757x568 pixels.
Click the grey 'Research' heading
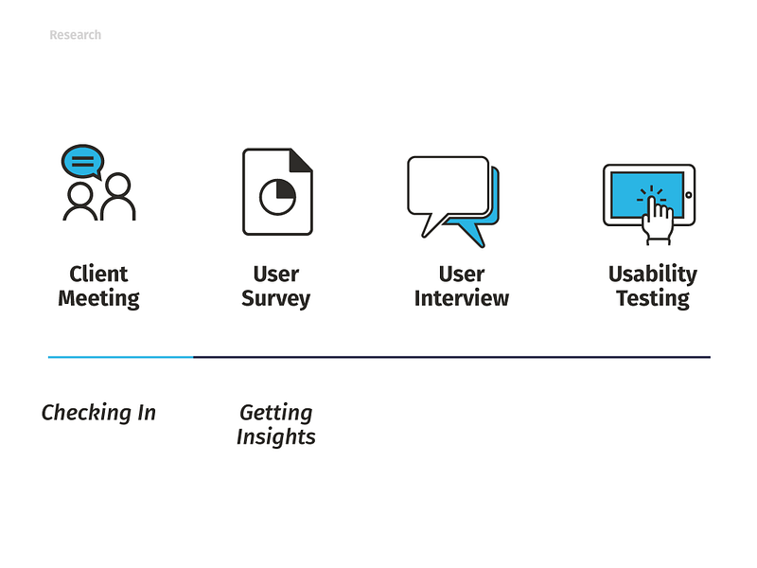76,35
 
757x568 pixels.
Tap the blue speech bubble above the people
82,161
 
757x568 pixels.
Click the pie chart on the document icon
277,197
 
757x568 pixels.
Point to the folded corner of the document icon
300,160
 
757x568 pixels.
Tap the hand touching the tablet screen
657,220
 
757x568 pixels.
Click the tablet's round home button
689,195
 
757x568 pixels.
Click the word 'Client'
98,274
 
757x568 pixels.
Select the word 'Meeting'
98,298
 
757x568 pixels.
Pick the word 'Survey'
275,298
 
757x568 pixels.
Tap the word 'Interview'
462,298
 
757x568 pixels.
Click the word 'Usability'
653,275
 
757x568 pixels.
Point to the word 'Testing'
653,298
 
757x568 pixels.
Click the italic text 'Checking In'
98,413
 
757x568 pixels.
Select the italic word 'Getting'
276,413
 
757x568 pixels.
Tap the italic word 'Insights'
276,437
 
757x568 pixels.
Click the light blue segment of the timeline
121,357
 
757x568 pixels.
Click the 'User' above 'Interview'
462,274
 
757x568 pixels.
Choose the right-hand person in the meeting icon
117,196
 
